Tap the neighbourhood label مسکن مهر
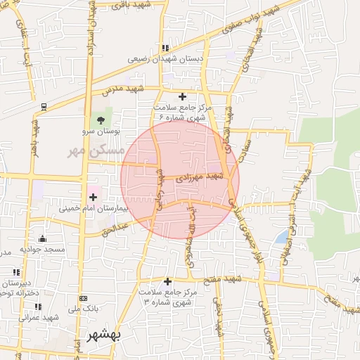[96, 150]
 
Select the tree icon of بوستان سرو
[101, 120]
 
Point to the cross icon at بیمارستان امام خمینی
[94, 197]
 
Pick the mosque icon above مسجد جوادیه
[42, 238]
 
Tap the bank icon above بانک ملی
[84, 299]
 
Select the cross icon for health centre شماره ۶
[183, 96]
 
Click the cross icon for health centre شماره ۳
[167, 281]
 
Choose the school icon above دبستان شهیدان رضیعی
[165, 49]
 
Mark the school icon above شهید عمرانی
[38, 307]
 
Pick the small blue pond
[282, 237]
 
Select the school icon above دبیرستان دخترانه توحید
[15, 272]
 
